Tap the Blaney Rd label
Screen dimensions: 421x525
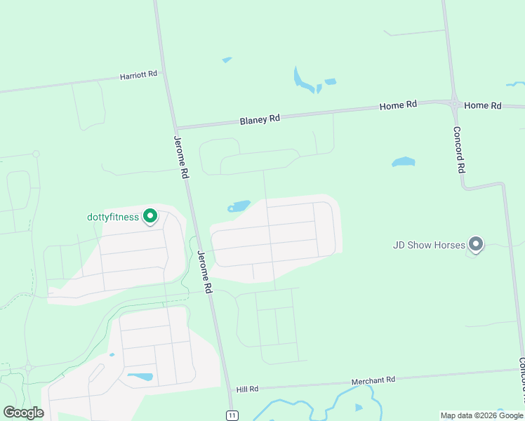260,119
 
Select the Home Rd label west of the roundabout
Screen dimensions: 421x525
398,105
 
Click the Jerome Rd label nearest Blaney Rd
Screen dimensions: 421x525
180,156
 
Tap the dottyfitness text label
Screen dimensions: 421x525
113,217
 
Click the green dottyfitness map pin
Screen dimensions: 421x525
149,216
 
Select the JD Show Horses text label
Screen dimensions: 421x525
428,245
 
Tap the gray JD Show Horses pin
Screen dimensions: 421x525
476,244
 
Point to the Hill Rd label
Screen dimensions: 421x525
248,389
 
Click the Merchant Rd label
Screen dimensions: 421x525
373,380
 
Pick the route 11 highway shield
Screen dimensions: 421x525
231,415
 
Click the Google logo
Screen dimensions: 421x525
23,413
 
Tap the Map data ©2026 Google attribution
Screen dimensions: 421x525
481,415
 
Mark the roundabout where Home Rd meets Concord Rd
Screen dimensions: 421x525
455,104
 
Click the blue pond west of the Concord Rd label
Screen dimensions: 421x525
403,162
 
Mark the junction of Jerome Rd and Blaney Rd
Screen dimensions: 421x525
176,128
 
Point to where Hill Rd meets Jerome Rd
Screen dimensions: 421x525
229,390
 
